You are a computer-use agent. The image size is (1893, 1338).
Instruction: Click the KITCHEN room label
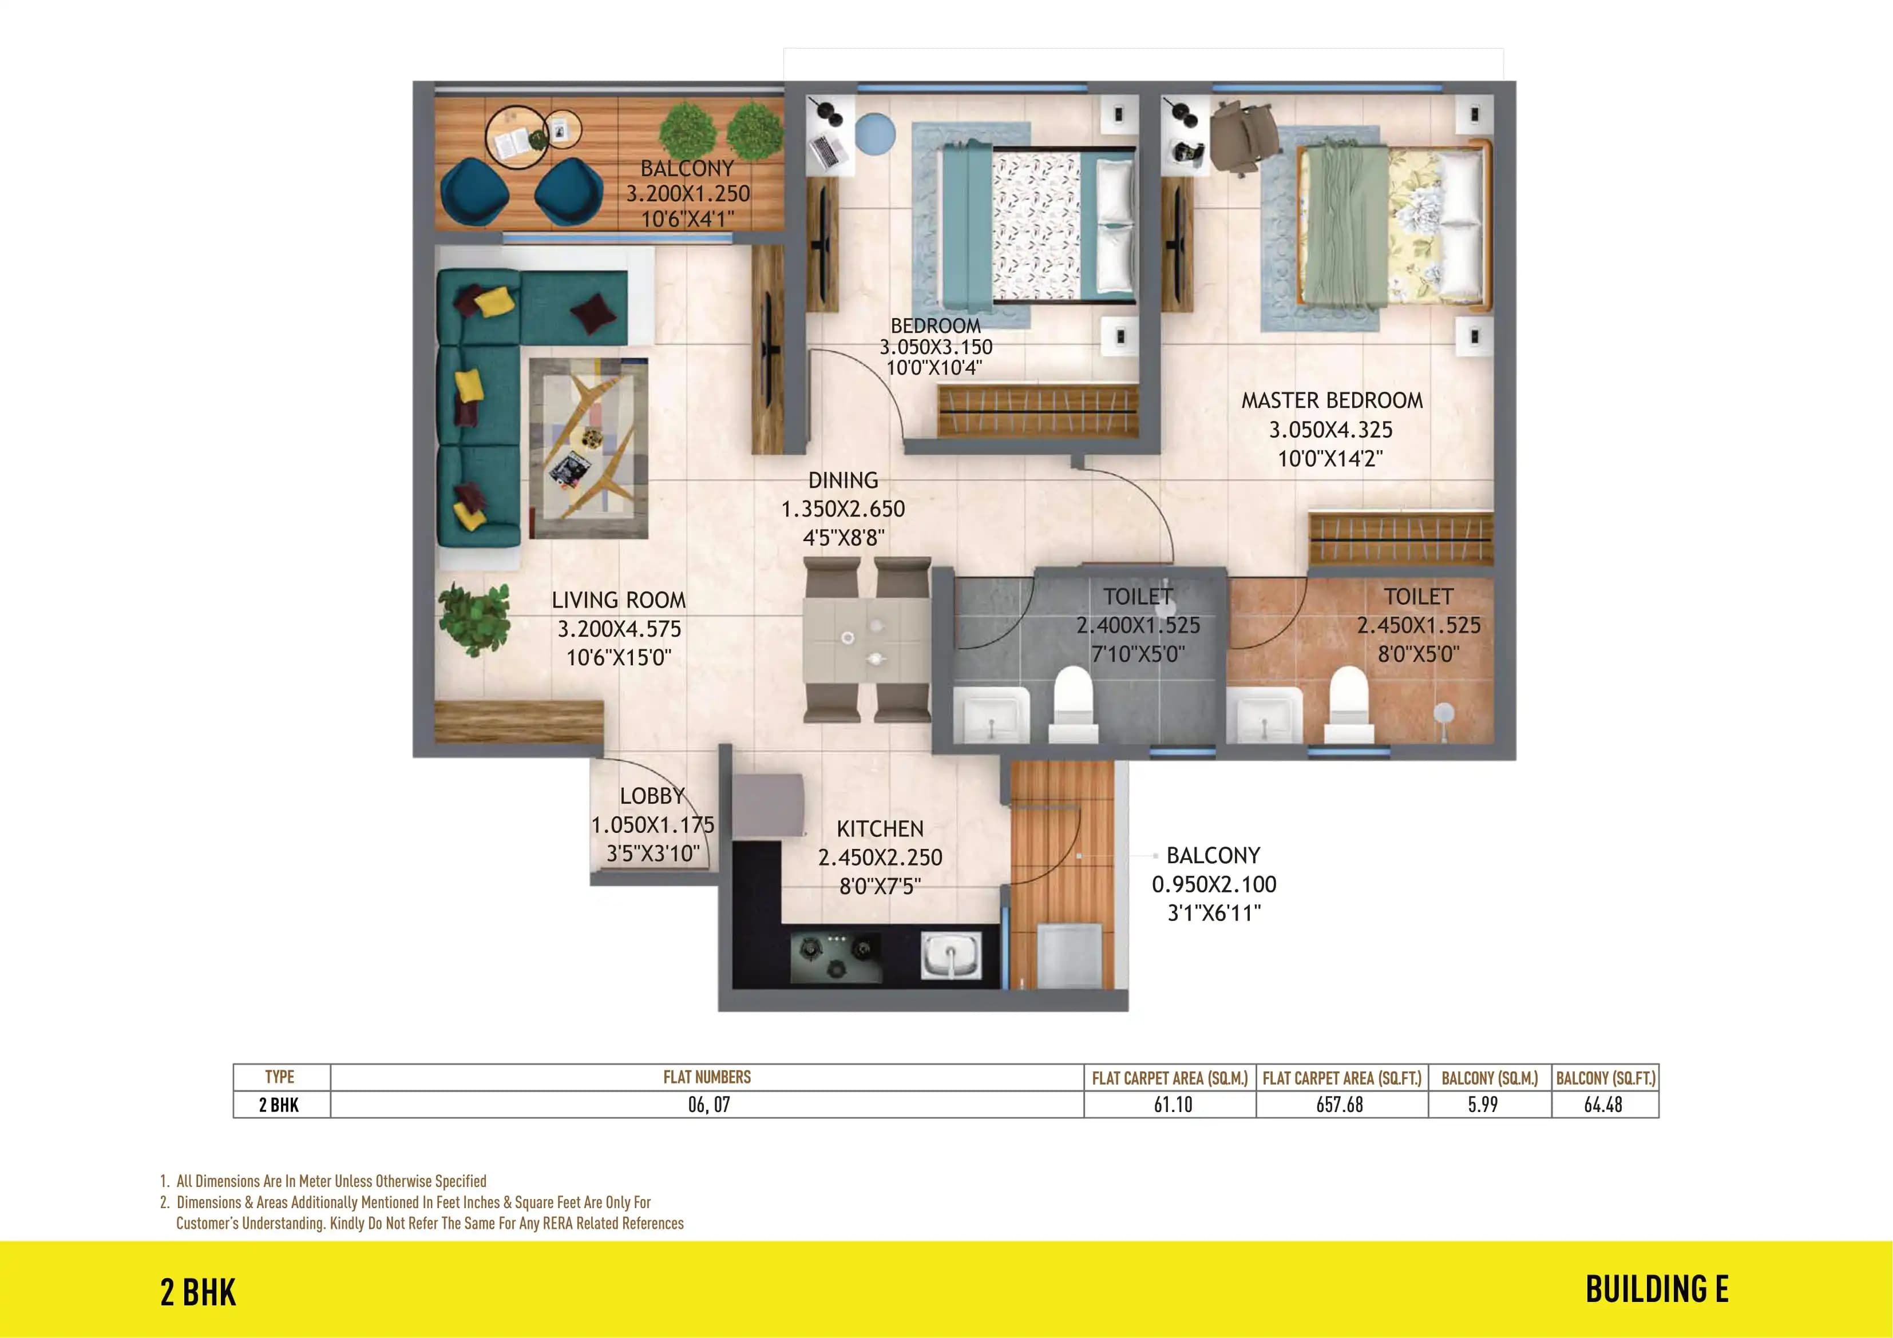[880, 828]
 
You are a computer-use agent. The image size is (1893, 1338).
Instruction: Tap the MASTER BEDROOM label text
[1332, 400]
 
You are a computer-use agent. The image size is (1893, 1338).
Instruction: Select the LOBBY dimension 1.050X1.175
[652, 824]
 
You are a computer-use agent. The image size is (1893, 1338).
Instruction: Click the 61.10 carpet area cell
[1173, 1105]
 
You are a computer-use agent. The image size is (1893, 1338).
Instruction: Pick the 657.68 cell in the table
[1340, 1105]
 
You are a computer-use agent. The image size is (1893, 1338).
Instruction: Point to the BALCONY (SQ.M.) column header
[1489, 1078]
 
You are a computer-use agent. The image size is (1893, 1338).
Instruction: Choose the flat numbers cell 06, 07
[708, 1105]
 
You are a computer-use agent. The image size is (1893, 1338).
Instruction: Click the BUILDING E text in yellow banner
[1656, 1290]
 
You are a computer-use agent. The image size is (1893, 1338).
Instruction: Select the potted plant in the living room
[473, 618]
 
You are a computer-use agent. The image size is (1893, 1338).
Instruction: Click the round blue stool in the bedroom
[875, 133]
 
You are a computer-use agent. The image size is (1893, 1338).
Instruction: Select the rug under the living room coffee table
[588, 448]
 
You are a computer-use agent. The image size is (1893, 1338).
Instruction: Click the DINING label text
[842, 481]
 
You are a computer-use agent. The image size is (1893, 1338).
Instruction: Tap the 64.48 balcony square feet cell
[1603, 1105]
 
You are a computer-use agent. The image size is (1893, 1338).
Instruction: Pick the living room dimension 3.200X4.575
[619, 629]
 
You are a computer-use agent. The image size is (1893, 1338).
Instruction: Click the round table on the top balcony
[517, 137]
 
